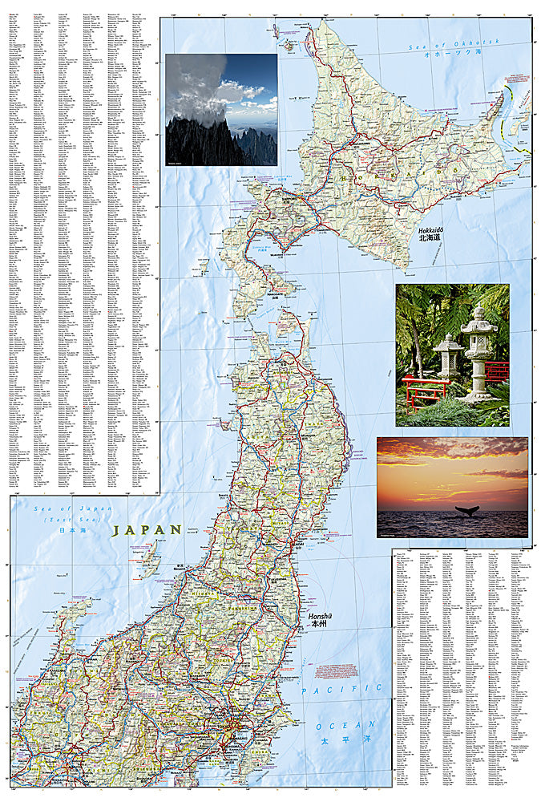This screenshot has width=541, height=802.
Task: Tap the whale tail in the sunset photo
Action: (x=466, y=510)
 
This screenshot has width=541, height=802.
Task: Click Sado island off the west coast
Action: (x=149, y=557)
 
